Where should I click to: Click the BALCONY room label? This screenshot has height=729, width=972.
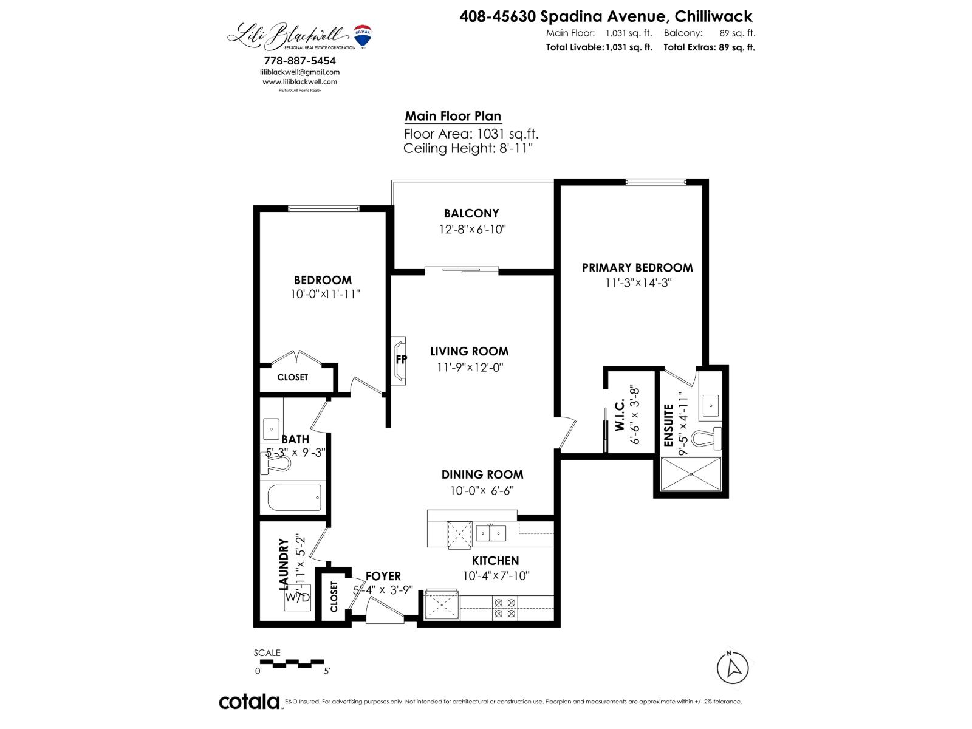(471, 213)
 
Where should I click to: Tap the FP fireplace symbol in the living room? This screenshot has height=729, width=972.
(400, 359)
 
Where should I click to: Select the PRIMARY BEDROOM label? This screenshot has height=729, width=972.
(637, 267)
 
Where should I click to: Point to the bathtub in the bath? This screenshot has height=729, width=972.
(294, 498)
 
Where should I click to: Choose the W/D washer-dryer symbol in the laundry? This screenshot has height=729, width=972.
(298, 597)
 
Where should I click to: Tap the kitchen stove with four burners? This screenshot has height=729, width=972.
(505, 608)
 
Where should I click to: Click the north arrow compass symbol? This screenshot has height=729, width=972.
(733, 668)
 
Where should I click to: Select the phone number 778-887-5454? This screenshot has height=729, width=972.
(299, 61)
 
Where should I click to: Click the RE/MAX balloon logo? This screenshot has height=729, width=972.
(363, 36)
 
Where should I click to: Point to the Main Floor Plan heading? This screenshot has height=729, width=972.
(453, 116)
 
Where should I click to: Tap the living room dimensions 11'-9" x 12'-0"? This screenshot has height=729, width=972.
(470, 367)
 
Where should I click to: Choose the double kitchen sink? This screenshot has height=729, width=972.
(490, 533)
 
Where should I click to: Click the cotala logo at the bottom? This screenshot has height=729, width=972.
(249, 702)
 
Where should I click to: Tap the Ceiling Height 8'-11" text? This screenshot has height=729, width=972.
(468, 148)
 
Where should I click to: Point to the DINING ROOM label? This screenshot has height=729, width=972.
(482, 474)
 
